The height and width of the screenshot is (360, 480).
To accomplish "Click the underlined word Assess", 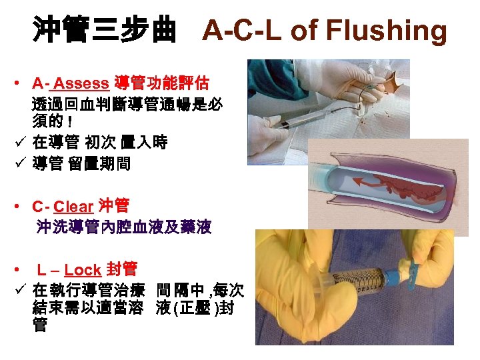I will pyautogui.click(x=81, y=84).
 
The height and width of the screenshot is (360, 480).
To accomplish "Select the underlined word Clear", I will pyautogui.click(x=73, y=206).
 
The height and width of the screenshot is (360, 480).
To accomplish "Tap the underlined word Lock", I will pyautogui.click(x=83, y=270).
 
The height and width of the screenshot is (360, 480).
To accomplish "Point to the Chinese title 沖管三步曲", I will pyautogui.click(x=105, y=30).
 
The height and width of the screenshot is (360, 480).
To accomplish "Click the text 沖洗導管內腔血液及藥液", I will pyautogui.click(x=123, y=228).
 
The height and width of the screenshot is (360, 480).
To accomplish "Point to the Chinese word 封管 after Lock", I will pyautogui.click(x=121, y=269).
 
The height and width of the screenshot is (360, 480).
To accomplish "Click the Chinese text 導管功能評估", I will pyautogui.click(x=161, y=84).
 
